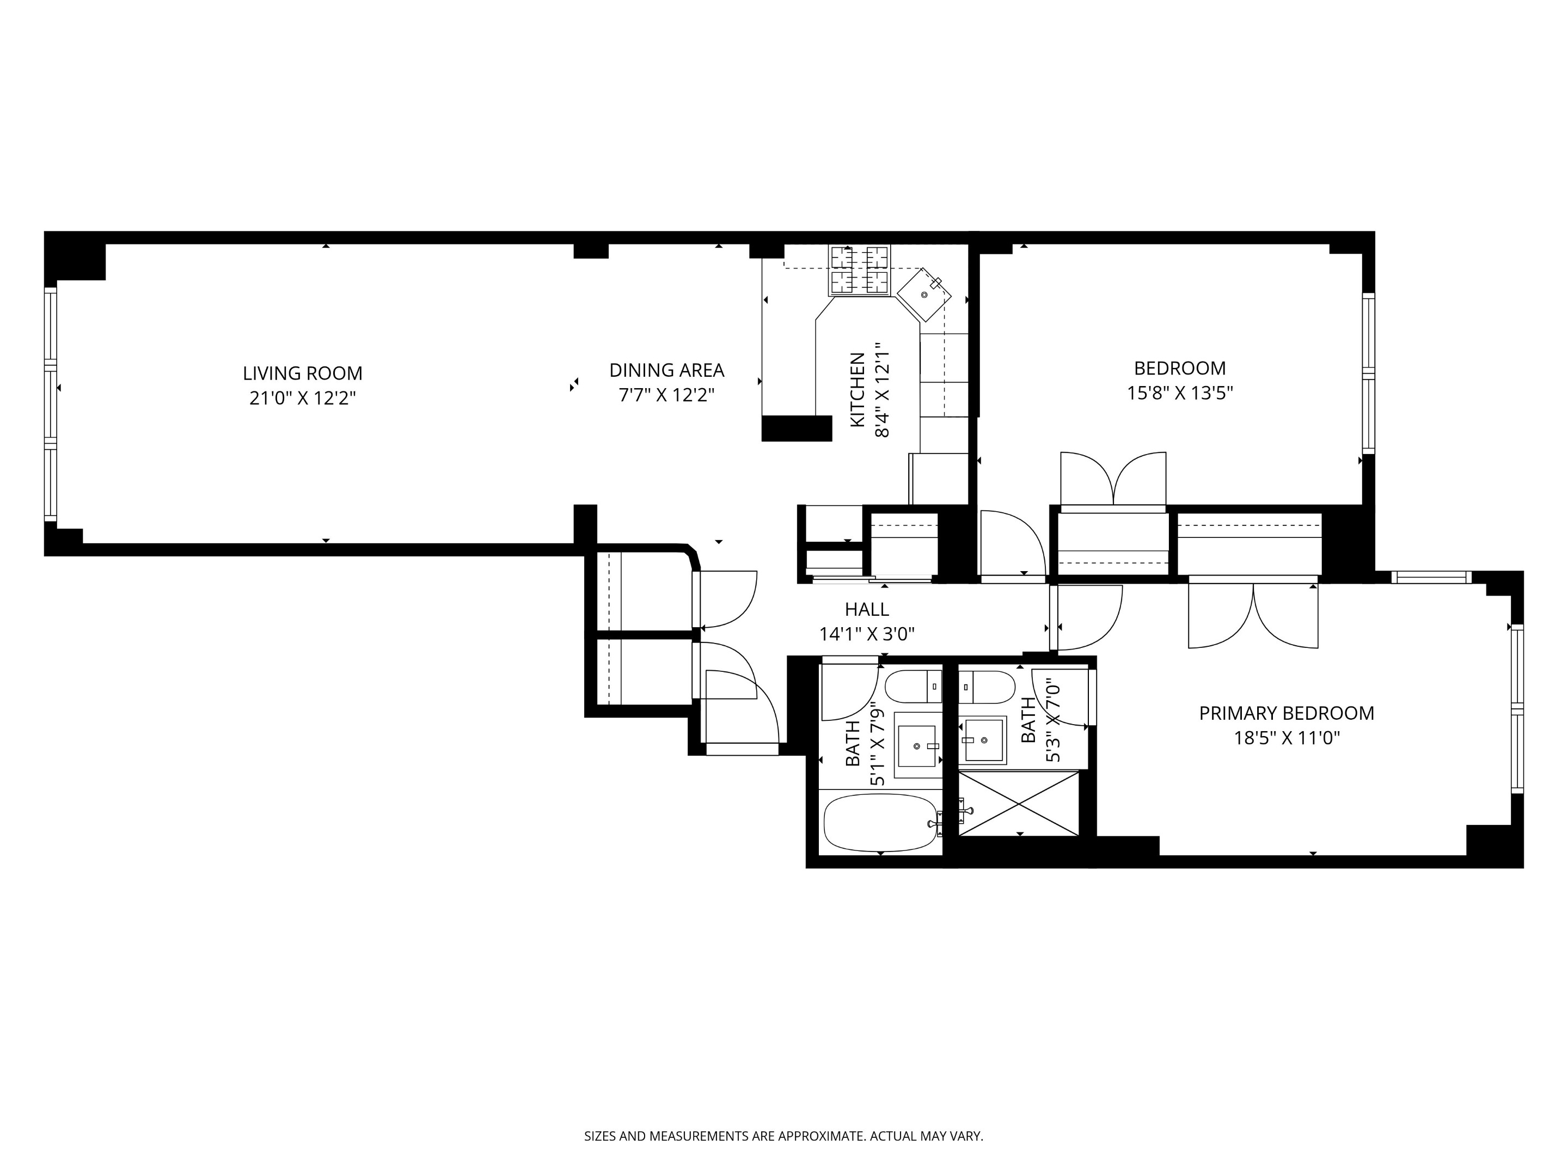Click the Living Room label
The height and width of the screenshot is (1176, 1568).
coord(302,373)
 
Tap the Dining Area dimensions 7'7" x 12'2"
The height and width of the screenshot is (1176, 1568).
coord(666,395)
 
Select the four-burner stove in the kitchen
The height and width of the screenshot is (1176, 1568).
coord(859,270)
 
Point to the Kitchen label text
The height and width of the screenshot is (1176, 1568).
coord(857,389)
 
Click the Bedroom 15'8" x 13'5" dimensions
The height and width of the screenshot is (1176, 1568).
coord(1180,393)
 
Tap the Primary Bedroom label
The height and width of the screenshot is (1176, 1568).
coord(1286,713)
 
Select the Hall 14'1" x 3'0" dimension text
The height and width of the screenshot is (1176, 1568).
coord(866,634)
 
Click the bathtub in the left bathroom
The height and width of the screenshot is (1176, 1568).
coord(880,822)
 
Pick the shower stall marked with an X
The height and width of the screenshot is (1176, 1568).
coord(1018,804)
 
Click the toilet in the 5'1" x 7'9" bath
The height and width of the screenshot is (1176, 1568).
coord(913,686)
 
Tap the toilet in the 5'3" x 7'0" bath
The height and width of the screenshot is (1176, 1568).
coord(987,686)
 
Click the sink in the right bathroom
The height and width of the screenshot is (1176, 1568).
coord(983,740)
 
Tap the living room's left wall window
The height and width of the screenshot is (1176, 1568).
coord(50,404)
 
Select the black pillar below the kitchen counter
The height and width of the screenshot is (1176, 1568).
coord(796,428)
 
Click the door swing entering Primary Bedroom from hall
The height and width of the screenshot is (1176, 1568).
coord(1086,617)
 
